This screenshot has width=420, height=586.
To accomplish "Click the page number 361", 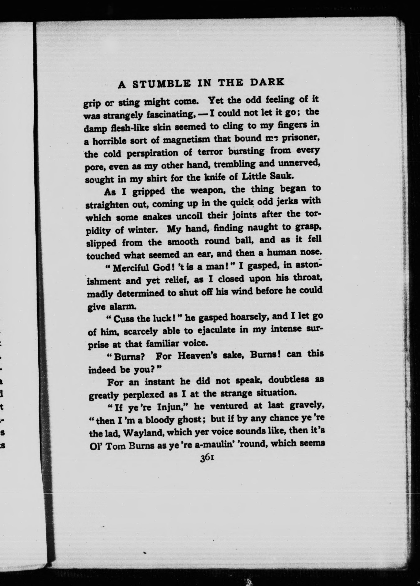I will tap(206, 457).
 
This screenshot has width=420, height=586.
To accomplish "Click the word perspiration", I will tap(153, 153).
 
